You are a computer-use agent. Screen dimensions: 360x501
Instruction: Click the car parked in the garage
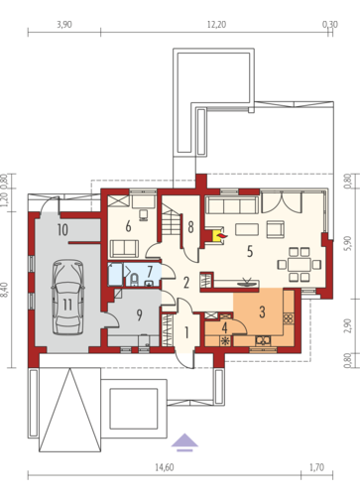point(67,297)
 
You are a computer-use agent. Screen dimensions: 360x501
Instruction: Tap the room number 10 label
point(62,229)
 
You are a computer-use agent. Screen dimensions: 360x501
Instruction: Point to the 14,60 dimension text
point(165,467)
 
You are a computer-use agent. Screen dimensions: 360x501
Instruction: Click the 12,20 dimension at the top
point(216,25)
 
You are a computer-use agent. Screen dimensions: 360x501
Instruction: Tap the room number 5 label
point(250,252)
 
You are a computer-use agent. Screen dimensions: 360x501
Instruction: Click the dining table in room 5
point(300,265)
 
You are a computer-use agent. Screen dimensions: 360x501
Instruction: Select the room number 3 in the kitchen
point(262,312)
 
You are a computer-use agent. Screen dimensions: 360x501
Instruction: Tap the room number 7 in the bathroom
point(150,272)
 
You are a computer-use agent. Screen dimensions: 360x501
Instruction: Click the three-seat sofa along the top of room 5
point(232,205)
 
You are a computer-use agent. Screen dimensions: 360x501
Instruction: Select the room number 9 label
point(139,315)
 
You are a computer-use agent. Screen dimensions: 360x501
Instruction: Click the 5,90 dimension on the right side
point(347,244)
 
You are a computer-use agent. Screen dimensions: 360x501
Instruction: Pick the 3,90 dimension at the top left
point(64,25)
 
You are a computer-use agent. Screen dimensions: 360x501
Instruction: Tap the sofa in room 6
point(124,249)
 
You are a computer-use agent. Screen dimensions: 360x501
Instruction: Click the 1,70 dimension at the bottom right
point(316,467)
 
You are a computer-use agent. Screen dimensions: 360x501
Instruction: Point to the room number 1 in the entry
point(186,333)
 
